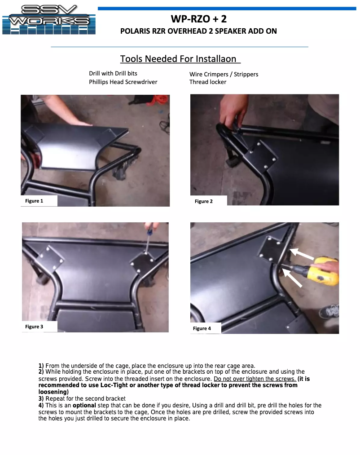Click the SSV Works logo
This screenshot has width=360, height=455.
click(49, 20)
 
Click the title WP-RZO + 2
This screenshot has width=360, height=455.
click(199, 19)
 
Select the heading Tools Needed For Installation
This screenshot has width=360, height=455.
click(180, 59)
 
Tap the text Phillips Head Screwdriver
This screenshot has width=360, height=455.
click(123, 82)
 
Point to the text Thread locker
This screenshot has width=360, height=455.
click(208, 82)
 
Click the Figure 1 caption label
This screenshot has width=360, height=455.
click(34, 201)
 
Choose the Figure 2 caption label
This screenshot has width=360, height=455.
click(204, 201)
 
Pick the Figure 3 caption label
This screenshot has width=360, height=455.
click(34, 327)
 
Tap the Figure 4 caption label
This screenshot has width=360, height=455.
click(202, 328)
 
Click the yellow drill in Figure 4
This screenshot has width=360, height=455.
click(322, 271)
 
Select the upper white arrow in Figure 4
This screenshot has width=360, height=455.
click(302, 254)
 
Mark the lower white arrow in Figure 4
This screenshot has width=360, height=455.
click(292, 278)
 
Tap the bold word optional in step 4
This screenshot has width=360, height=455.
click(84, 406)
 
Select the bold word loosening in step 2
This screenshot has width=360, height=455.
click(54, 392)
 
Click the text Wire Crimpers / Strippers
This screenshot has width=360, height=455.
click(224, 74)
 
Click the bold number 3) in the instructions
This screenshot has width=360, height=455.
click(41, 399)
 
